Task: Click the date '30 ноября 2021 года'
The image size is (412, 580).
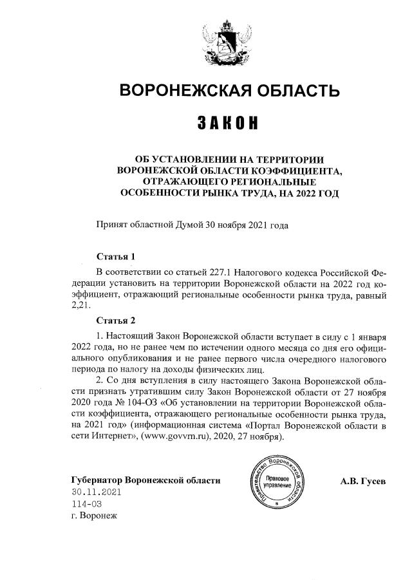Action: pyautogui.click(x=247, y=225)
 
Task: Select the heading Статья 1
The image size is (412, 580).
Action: pyautogui.click(x=115, y=257)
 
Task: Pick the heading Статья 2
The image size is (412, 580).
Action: pyautogui.click(x=115, y=321)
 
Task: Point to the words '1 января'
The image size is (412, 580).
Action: pyautogui.click(x=368, y=337)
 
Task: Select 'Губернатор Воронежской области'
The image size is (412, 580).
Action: pyautogui.click(x=145, y=480)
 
